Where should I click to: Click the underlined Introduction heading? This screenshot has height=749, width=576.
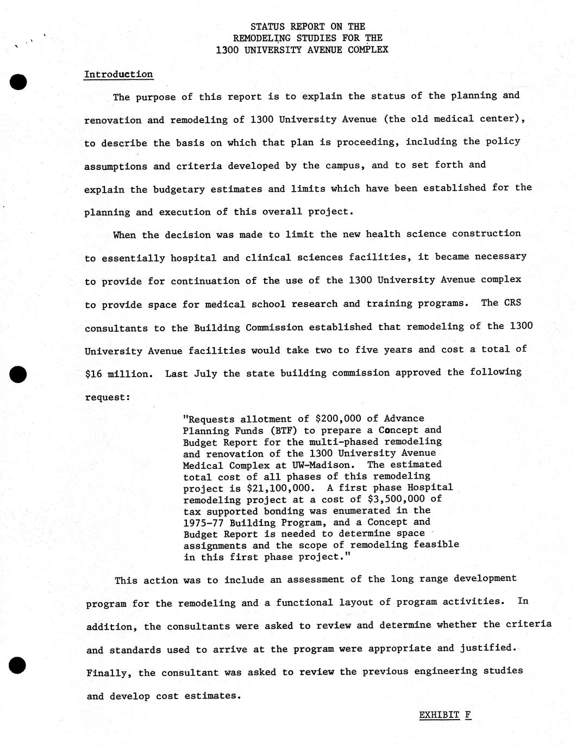point(118,74)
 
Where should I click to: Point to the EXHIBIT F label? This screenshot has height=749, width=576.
point(445,715)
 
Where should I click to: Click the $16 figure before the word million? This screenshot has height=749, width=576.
point(94,373)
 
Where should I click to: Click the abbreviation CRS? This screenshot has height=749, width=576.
point(512,303)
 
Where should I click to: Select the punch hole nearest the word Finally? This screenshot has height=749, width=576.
point(18,665)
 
